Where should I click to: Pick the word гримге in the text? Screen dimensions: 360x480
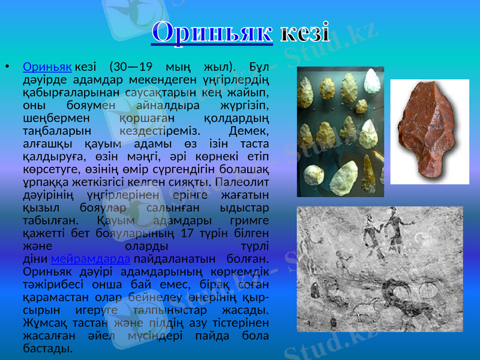(x=245, y=219)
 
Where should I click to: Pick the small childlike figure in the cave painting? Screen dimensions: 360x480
(x=343, y=264)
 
